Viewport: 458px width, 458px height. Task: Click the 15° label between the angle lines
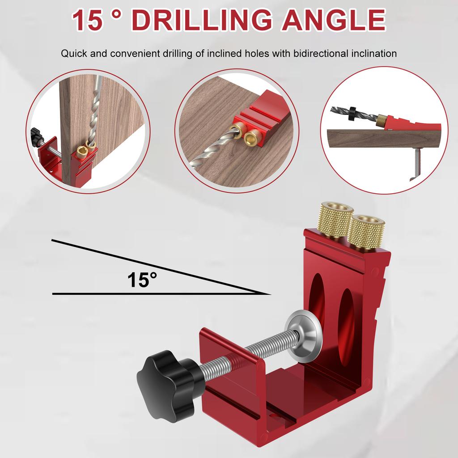coord(142,280)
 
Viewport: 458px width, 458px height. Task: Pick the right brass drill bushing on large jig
coord(366,231)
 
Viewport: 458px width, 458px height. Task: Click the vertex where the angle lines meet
coord(270,294)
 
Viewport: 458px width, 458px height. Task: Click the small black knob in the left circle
coord(35,133)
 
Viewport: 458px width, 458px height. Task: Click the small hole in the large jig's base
coord(273,416)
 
